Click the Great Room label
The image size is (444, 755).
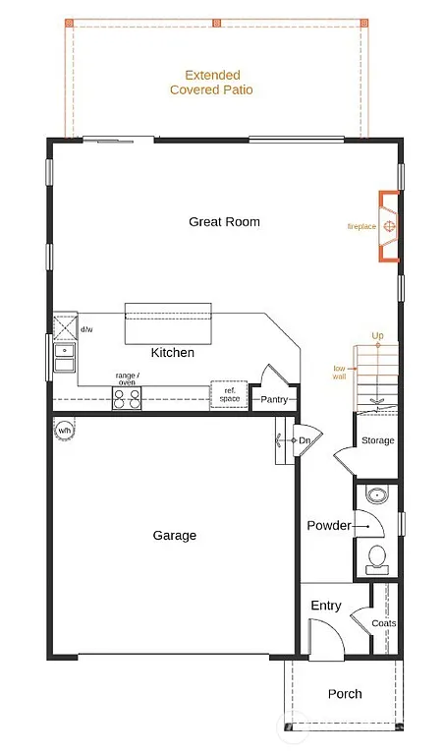pos(224,222)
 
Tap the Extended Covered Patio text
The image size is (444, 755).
pos(211,83)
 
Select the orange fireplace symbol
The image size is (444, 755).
pos(390,227)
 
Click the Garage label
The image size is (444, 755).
pos(174,536)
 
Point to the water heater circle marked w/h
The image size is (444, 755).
pos(65,431)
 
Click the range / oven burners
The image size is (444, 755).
pos(127,398)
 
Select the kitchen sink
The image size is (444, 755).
pos(65,357)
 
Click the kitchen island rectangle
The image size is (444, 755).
pos(167,323)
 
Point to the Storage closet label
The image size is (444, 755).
pos(377,440)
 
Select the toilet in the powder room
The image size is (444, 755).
pos(377,560)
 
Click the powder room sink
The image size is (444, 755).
pos(376,494)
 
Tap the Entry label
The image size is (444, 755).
pos(325,606)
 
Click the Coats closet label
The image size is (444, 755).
pos(385,623)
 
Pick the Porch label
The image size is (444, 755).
pos(344,694)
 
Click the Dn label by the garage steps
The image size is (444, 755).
pos(305,441)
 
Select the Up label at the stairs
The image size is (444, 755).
pos(377,336)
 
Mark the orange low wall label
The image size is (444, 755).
pos(339,372)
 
